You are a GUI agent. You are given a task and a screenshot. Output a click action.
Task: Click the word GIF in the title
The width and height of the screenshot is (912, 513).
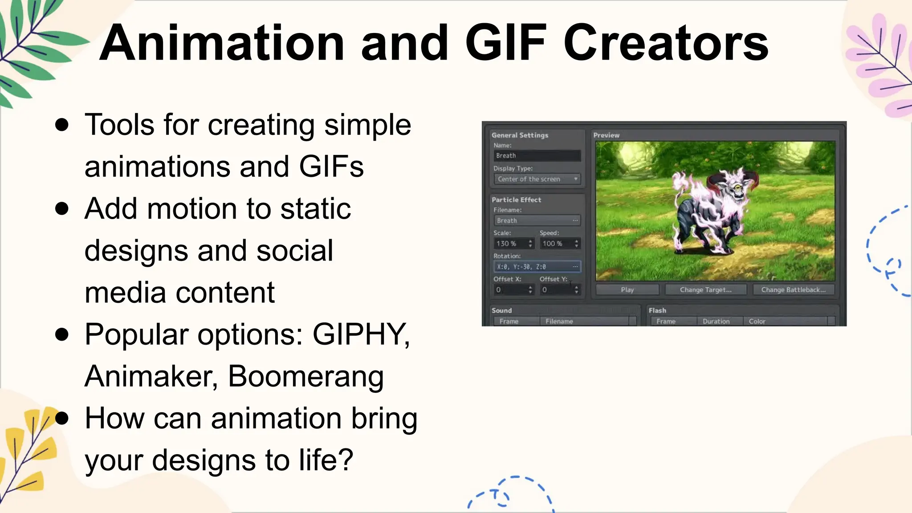[505, 43]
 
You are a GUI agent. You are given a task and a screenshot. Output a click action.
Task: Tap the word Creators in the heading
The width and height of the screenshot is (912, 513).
[666, 43]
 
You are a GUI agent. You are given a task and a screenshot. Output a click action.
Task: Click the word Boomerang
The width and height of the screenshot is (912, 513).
[305, 376]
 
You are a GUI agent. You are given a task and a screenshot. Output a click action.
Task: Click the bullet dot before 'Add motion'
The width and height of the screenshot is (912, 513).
[62, 208]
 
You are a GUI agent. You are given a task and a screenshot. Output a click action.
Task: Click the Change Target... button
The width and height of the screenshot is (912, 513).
[705, 290]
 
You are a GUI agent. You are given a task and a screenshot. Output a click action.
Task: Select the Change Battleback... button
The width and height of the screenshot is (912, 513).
[793, 290]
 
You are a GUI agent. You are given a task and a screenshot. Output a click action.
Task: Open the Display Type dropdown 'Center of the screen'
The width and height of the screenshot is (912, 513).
[537, 179]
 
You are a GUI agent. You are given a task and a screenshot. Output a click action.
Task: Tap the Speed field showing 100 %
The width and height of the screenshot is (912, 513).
[559, 244]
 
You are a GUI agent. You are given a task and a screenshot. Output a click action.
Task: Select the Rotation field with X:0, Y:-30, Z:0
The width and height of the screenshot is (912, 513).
[537, 267]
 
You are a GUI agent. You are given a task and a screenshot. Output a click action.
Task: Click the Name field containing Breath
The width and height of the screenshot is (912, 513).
[537, 156]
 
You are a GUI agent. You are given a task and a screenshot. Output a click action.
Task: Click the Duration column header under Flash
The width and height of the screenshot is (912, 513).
[716, 322]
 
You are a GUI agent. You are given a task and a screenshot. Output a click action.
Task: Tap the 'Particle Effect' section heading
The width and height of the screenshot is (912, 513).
[516, 200]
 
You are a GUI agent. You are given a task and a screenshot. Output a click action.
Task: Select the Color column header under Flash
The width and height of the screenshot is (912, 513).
[757, 322]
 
